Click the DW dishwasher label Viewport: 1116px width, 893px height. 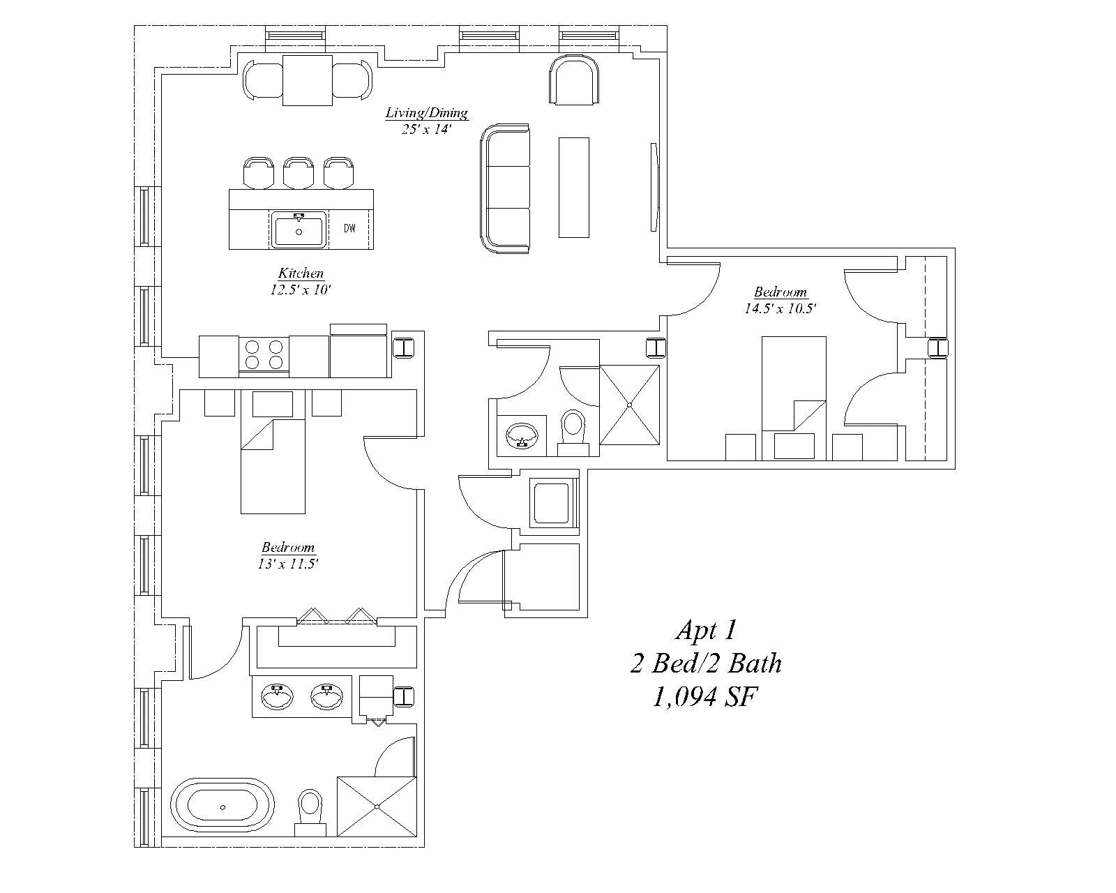(349, 228)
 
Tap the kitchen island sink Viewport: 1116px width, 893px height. (299, 230)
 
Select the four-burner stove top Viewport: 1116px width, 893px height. (264, 355)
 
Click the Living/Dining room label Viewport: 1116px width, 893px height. (427, 112)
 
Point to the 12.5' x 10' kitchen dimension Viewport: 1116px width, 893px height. (301, 290)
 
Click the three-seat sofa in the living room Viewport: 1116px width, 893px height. (505, 188)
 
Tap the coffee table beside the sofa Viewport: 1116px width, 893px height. (573, 187)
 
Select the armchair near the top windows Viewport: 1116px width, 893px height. (574, 80)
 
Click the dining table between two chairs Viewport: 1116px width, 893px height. (308, 80)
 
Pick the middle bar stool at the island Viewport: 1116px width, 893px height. (299, 173)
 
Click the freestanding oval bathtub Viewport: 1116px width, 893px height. (223, 807)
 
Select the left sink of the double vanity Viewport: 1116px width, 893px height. (278, 696)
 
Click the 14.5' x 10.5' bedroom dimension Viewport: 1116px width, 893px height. (781, 309)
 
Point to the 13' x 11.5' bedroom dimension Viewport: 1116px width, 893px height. (288, 564)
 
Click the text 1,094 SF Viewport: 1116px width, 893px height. (705, 697)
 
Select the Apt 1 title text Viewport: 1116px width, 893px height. (707, 631)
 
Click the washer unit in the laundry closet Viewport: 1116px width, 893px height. (553, 503)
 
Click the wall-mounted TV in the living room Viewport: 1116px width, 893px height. (654, 187)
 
